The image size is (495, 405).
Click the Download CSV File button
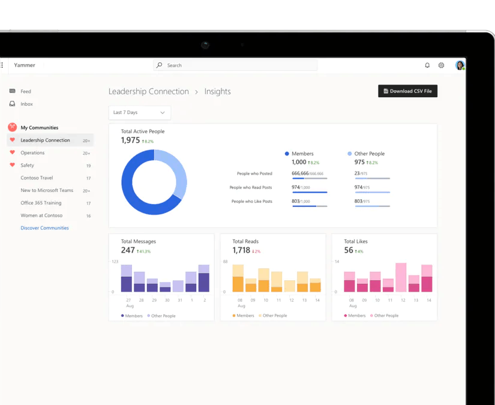coord(407,91)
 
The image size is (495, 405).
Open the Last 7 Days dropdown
coord(139,113)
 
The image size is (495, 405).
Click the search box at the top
coord(235,65)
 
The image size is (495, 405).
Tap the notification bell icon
coord(427,65)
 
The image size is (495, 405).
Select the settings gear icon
coord(441,65)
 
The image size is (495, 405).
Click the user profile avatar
coord(460,65)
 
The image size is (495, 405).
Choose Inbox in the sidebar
coord(26,104)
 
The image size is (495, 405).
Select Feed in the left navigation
coord(25,92)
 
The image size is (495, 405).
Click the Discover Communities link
coord(44,228)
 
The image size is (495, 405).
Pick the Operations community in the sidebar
coord(32,153)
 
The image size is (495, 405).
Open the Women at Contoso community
coord(39,215)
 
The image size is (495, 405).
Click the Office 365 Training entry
coord(41,203)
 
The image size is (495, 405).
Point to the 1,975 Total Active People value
coord(130,140)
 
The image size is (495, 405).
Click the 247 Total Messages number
coord(128,250)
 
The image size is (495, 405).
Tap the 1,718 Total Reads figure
coord(241,250)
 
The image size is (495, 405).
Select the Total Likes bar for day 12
coord(401,278)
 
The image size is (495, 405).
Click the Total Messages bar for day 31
coord(178,286)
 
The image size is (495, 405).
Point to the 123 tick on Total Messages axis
coord(115,262)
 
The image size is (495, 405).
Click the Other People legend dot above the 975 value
coord(350,154)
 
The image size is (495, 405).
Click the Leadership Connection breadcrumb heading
coord(149,92)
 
